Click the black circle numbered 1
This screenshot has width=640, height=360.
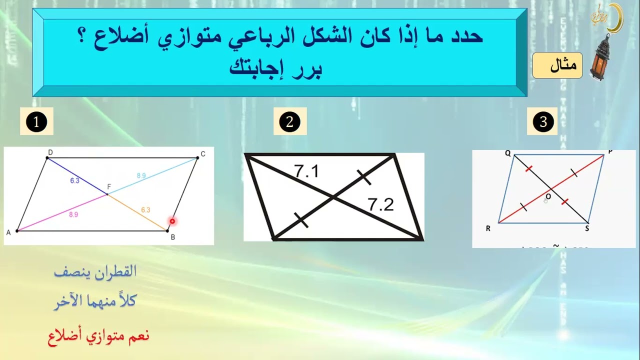pos(36,122)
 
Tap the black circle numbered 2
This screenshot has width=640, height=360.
pos(289,122)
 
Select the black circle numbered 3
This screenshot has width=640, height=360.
pos(543,122)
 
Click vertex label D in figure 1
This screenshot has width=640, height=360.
pos(50,152)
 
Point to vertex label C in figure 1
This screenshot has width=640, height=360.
pos(203,153)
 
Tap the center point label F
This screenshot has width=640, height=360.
pos(108,187)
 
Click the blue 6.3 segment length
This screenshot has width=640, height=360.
pos(74,181)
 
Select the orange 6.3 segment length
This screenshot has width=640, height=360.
pos(145,210)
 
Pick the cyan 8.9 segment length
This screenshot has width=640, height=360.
pos(141,175)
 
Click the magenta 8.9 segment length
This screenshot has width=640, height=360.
pos(73,214)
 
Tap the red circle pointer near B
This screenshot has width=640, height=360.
pos(172,221)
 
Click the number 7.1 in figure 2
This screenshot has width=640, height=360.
pos(306,172)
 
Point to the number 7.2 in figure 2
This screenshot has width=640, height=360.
pos(380,204)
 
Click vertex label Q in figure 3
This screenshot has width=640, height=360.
pos(507,154)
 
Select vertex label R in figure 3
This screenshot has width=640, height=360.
pos(488,229)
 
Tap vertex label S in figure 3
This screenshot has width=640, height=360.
pos(587,229)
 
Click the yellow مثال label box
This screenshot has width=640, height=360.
pos(557,65)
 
